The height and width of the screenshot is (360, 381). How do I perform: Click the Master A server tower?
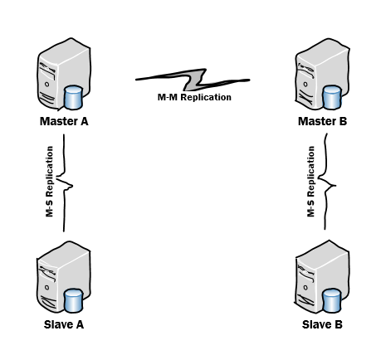64,73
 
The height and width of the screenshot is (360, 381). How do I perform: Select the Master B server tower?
322,73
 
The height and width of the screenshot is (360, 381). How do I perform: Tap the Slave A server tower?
64,276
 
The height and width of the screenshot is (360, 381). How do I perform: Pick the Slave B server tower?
322,276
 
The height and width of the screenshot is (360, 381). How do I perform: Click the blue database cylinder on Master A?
73,98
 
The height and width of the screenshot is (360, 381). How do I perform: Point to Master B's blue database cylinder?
332,97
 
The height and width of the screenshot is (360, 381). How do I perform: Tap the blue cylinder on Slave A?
73,301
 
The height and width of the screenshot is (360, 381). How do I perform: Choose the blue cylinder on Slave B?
332,300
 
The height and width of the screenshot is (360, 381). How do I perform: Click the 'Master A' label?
64,121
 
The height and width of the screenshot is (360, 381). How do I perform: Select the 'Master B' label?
322,121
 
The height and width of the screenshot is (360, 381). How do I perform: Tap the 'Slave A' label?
64,324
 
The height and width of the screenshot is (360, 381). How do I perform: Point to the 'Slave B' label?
322,324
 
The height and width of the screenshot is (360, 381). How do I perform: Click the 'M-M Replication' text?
194,97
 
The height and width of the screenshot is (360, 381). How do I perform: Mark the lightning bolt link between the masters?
193,80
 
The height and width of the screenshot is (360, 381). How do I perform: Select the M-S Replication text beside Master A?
49,182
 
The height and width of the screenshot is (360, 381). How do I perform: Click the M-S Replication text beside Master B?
310,182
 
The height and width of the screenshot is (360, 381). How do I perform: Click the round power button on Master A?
46,85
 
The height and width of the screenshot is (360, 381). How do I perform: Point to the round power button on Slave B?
305,288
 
